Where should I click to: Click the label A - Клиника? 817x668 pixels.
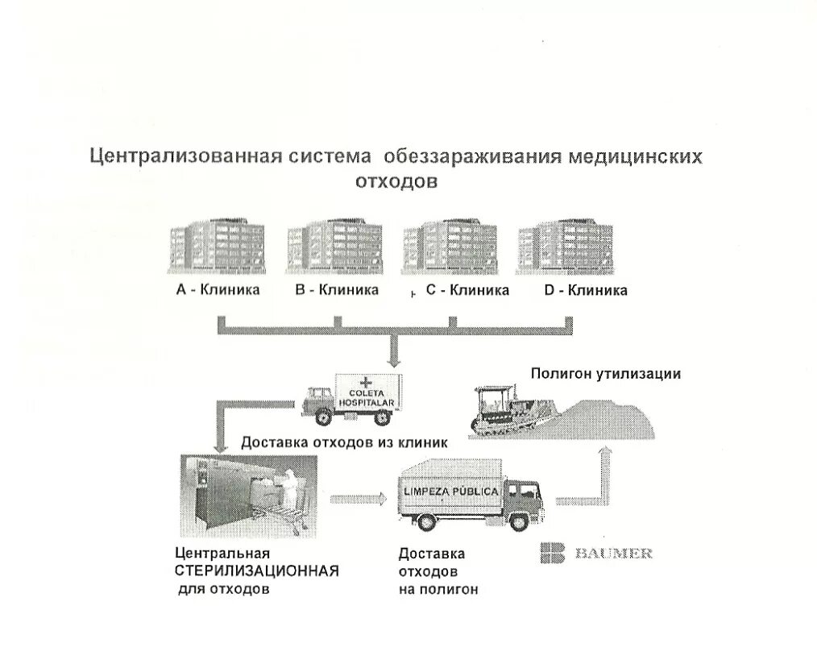(x=218, y=290)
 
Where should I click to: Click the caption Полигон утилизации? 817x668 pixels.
(x=606, y=374)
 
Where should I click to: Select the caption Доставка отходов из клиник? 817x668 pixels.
(x=344, y=442)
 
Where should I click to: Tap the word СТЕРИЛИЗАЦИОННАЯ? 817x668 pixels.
(x=257, y=571)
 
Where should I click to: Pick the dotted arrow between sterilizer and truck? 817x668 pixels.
(x=354, y=498)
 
